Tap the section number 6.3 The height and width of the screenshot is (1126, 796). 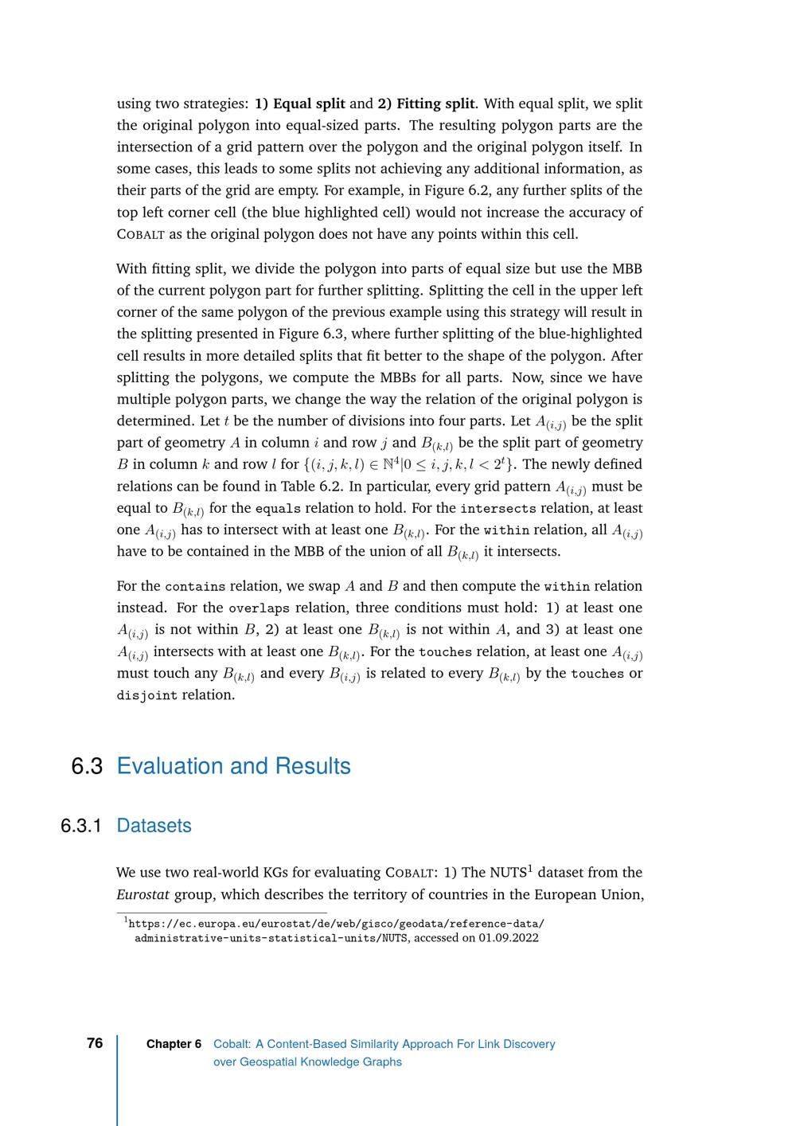(x=87, y=766)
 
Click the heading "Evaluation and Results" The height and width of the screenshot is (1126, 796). (x=233, y=766)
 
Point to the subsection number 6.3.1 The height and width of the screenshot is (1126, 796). (x=81, y=826)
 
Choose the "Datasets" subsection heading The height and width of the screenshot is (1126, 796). (x=154, y=826)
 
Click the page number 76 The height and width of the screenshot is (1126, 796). (x=95, y=1043)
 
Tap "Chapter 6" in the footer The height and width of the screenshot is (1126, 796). (x=174, y=1044)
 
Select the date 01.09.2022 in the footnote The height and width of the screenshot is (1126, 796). (x=509, y=938)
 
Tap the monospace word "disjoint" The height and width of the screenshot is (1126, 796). (x=146, y=695)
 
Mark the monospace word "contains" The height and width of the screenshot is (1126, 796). (x=195, y=587)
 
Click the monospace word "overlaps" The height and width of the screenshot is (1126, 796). (x=259, y=608)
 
